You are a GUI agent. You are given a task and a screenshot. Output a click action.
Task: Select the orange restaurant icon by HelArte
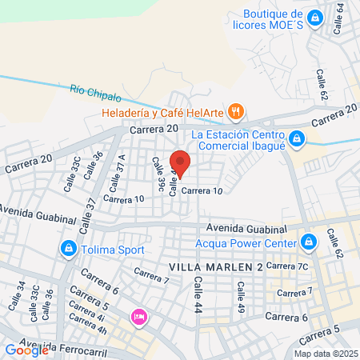[235, 111]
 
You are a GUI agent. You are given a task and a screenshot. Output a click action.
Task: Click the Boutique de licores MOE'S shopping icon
[316, 16]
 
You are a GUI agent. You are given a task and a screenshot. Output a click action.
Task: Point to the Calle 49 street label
[239, 295]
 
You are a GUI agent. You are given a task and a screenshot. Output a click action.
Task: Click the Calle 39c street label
[158, 175]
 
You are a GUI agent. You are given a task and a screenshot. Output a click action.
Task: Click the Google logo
[27, 349]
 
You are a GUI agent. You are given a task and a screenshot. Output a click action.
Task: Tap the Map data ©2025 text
[324, 354]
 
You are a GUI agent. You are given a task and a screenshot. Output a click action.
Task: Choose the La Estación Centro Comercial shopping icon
[297, 140]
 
